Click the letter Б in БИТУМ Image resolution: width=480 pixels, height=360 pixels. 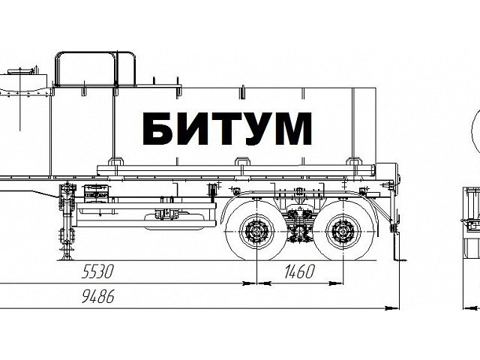pyautogui.click(x=157, y=128)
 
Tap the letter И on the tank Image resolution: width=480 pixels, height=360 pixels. pyautogui.click(x=191, y=128)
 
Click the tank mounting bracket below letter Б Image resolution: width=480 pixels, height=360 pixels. pyautogui.click(x=117, y=161)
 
